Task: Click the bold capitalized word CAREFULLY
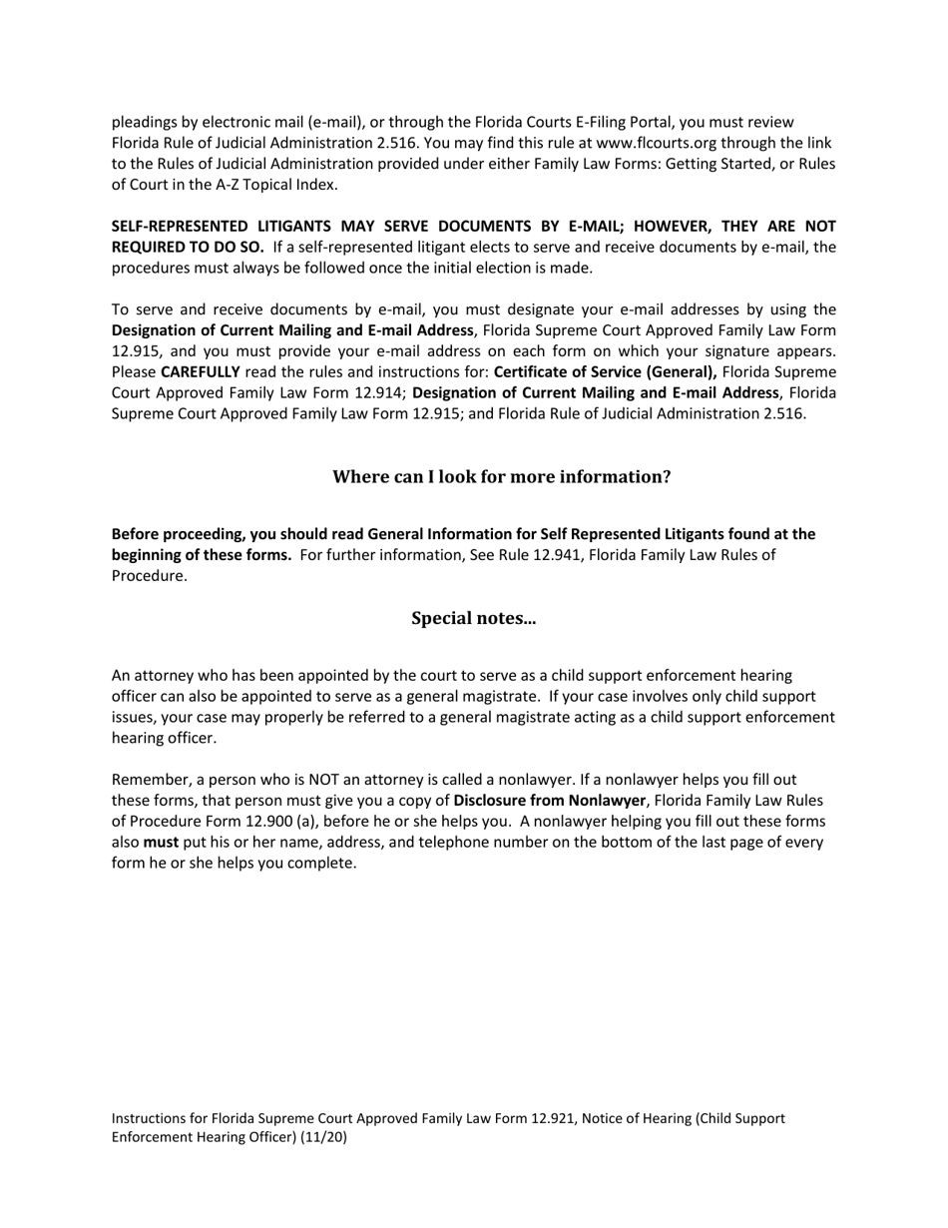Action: tap(200, 371)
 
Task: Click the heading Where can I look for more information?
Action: tap(501, 477)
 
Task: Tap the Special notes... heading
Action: tap(473, 618)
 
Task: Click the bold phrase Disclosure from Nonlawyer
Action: tap(549, 801)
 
